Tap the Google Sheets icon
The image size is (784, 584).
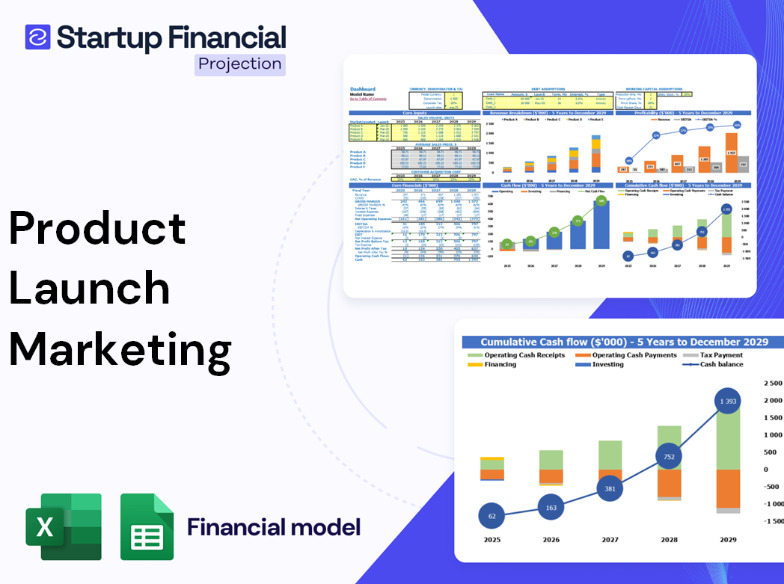click(147, 527)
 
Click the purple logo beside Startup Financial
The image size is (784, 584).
click(37, 37)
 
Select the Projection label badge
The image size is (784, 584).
click(239, 64)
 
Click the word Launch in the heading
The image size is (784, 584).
click(90, 289)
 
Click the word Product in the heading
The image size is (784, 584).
click(97, 228)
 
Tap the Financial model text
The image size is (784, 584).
click(274, 527)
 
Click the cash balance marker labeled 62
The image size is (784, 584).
click(491, 516)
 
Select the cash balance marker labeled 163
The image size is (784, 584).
click(551, 508)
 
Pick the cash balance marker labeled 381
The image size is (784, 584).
click(610, 489)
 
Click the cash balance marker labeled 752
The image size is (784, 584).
click(668, 457)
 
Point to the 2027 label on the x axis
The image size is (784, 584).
click(610, 539)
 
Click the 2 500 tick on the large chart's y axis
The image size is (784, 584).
click(771, 383)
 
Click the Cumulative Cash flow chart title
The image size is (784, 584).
click(624, 342)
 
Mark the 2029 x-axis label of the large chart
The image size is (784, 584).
click(727, 539)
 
